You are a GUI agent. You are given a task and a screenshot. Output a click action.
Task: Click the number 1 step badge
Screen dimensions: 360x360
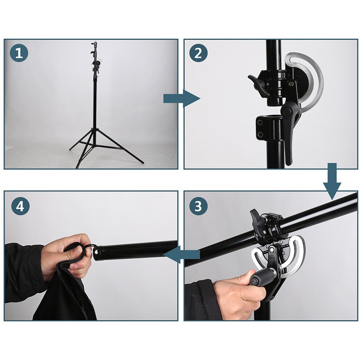(19, 53)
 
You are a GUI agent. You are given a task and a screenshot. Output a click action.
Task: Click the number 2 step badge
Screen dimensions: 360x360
(198, 53)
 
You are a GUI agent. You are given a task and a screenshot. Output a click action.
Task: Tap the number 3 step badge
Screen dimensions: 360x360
(198, 206)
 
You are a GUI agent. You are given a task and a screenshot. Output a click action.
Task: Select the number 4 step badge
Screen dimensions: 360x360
(21, 206)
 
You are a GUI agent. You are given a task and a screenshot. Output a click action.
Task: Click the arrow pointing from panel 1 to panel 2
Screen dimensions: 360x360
(181, 99)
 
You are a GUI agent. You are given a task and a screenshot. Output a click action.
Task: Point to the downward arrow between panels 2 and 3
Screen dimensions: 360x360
(332, 181)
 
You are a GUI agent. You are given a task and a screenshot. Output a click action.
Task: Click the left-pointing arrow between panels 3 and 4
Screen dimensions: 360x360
(181, 254)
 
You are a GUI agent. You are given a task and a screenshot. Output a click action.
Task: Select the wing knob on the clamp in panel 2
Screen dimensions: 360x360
(258, 85)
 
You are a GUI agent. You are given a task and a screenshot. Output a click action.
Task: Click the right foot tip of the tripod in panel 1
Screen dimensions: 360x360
(142, 163)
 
